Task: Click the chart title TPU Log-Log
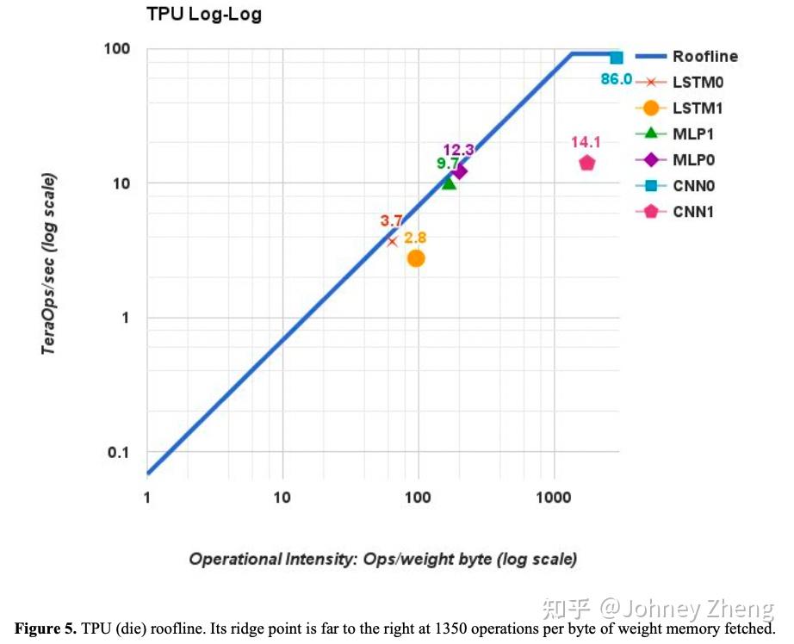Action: click(203, 15)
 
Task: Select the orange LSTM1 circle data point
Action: click(416, 258)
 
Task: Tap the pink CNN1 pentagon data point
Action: click(586, 163)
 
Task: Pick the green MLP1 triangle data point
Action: click(449, 183)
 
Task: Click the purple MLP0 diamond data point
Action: click(460, 171)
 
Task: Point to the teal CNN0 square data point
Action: click(617, 58)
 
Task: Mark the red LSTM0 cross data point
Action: click(393, 241)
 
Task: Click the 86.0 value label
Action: click(616, 79)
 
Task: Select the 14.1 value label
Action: click(586, 143)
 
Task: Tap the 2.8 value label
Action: click(415, 238)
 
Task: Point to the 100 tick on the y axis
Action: click(118, 48)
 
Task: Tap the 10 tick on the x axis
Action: click(282, 498)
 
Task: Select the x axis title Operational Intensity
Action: click(382, 559)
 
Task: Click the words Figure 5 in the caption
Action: click(45, 629)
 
